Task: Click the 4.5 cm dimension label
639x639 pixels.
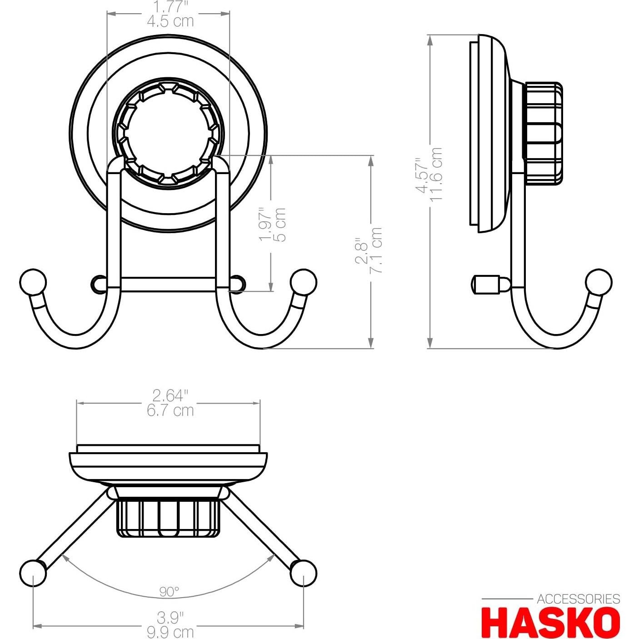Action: (x=170, y=21)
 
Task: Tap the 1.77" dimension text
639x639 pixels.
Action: (x=170, y=7)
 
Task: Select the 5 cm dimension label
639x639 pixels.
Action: (x=281, y=225)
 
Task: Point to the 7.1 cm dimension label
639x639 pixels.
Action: (x=377, y=250)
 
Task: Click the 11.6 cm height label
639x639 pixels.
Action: (x=436, y=174)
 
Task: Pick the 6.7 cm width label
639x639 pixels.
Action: (x=170, y=410)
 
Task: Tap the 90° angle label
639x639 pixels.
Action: (x=169, y=591)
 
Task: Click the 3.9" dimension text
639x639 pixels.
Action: (x=170, y=618)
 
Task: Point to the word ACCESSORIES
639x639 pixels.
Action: (x=578, y=599)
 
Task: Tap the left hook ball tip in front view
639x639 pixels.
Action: (x=33, y=282)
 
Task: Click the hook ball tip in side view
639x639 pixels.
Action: (x=599, y=282)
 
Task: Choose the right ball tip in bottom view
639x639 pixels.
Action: (x=303, y=574)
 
